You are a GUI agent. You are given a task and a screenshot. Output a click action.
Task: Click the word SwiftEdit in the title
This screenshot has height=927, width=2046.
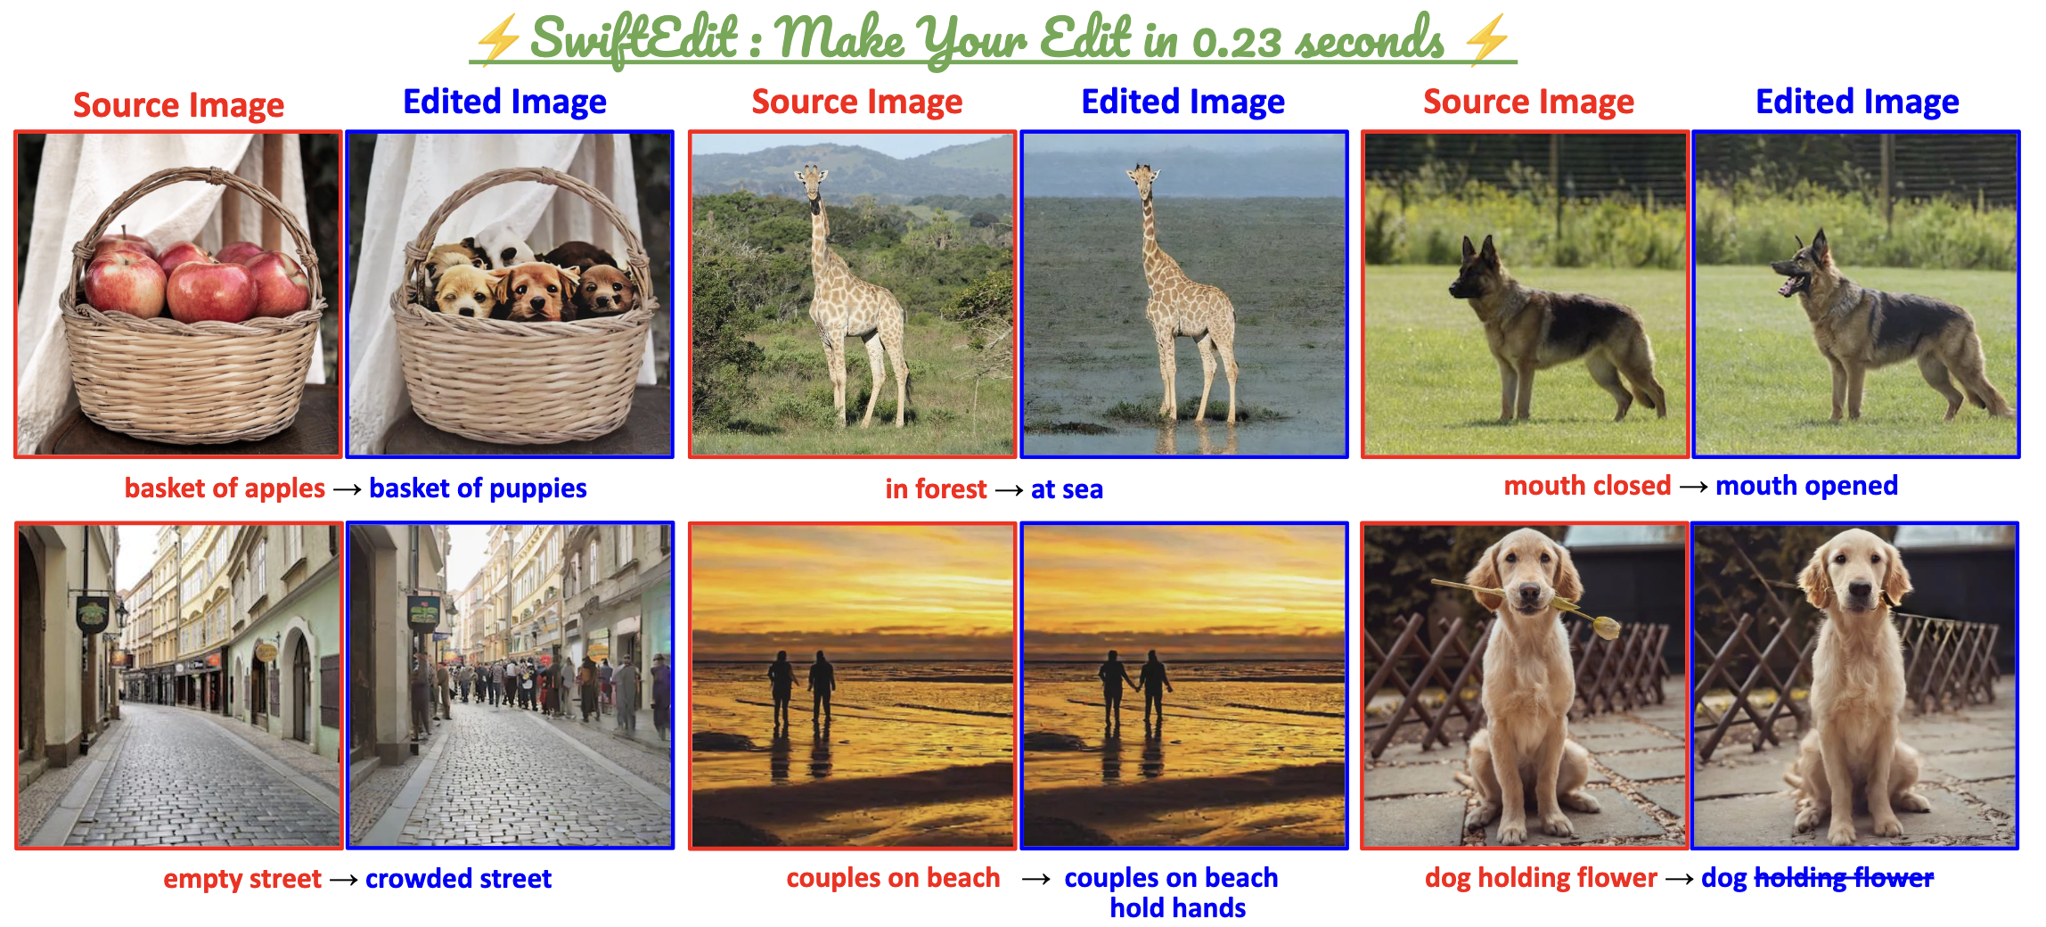(634, 38)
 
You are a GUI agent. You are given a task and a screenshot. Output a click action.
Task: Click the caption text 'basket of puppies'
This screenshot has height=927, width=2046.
(478, 488)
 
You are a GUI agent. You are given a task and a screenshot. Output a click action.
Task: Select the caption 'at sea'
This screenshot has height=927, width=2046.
(1067, 489)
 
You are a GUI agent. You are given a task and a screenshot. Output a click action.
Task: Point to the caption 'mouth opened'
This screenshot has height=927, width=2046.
(1806, 486)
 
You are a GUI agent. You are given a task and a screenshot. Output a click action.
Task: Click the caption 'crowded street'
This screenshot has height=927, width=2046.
(458, 879)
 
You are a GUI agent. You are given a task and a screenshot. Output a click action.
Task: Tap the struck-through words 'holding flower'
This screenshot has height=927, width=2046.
(1844, 878)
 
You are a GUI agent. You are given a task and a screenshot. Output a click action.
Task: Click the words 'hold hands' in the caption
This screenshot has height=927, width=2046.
(1177, 908)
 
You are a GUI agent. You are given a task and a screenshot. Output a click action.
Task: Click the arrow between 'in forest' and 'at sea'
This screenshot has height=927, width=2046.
(1009, 490)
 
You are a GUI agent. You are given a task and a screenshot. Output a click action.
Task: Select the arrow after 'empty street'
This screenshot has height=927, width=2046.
(343, 880)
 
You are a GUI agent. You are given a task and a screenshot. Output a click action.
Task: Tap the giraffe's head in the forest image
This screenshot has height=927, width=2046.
(811, 180)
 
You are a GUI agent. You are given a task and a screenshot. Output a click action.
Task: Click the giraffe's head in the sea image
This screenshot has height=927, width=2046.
(1143, 179)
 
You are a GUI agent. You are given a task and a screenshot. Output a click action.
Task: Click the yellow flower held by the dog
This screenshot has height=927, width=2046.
(1606, 626)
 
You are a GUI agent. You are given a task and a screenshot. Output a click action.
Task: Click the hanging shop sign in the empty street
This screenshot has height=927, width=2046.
(92, 614)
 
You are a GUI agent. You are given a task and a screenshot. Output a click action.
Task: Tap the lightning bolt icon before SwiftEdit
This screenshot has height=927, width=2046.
(496, 41)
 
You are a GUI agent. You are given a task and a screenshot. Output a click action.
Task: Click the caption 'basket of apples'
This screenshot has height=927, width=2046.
(225, 488)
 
